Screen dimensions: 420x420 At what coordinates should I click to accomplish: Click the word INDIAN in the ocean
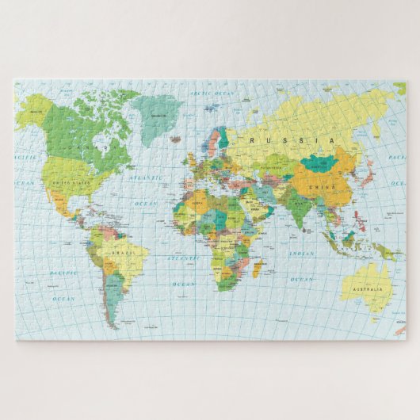301,254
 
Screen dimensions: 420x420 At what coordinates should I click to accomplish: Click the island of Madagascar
258,269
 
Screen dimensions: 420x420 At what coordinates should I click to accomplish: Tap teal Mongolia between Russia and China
319,164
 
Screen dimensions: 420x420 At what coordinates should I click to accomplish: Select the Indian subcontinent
296,207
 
